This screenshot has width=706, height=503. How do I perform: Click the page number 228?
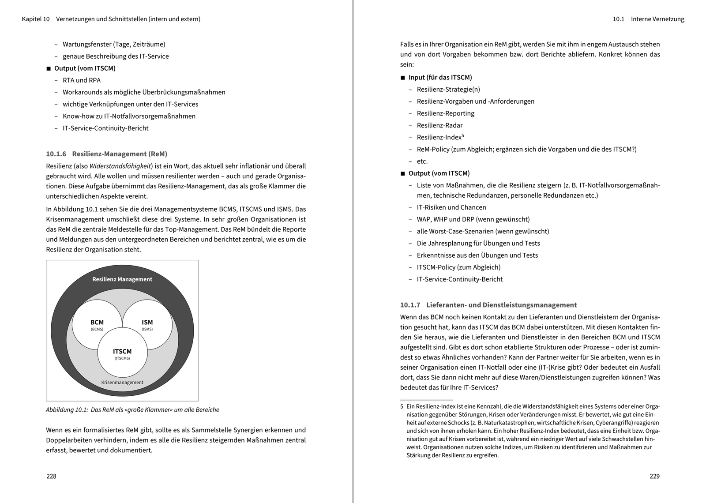pos(51,476)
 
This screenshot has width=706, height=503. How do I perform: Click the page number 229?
pos(654,476)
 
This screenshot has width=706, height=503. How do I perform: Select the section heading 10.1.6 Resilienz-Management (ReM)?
pos(106,154)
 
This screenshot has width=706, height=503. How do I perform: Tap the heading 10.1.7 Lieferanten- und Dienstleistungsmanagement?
pos(488,305)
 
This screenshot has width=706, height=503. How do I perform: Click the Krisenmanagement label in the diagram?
pos(122,383)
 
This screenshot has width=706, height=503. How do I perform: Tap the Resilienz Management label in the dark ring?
pos(122,279)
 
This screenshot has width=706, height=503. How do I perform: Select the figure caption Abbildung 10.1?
pos(132,409)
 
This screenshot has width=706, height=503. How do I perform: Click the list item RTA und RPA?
pos(82,80)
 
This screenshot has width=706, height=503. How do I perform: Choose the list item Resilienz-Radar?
pos(439,125)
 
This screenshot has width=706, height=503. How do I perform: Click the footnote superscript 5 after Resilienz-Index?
pos(463,136)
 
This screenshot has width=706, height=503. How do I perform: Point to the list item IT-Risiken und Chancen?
pos(451,207)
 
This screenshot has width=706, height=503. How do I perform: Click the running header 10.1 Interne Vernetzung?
pos(649,19)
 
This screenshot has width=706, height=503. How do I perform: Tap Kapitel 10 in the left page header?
pos(36,19)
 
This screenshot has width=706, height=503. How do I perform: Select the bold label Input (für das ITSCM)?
pos(440,78)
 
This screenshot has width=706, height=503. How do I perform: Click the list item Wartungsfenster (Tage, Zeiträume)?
pos(114,44)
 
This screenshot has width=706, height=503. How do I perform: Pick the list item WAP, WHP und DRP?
pos(473,219)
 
